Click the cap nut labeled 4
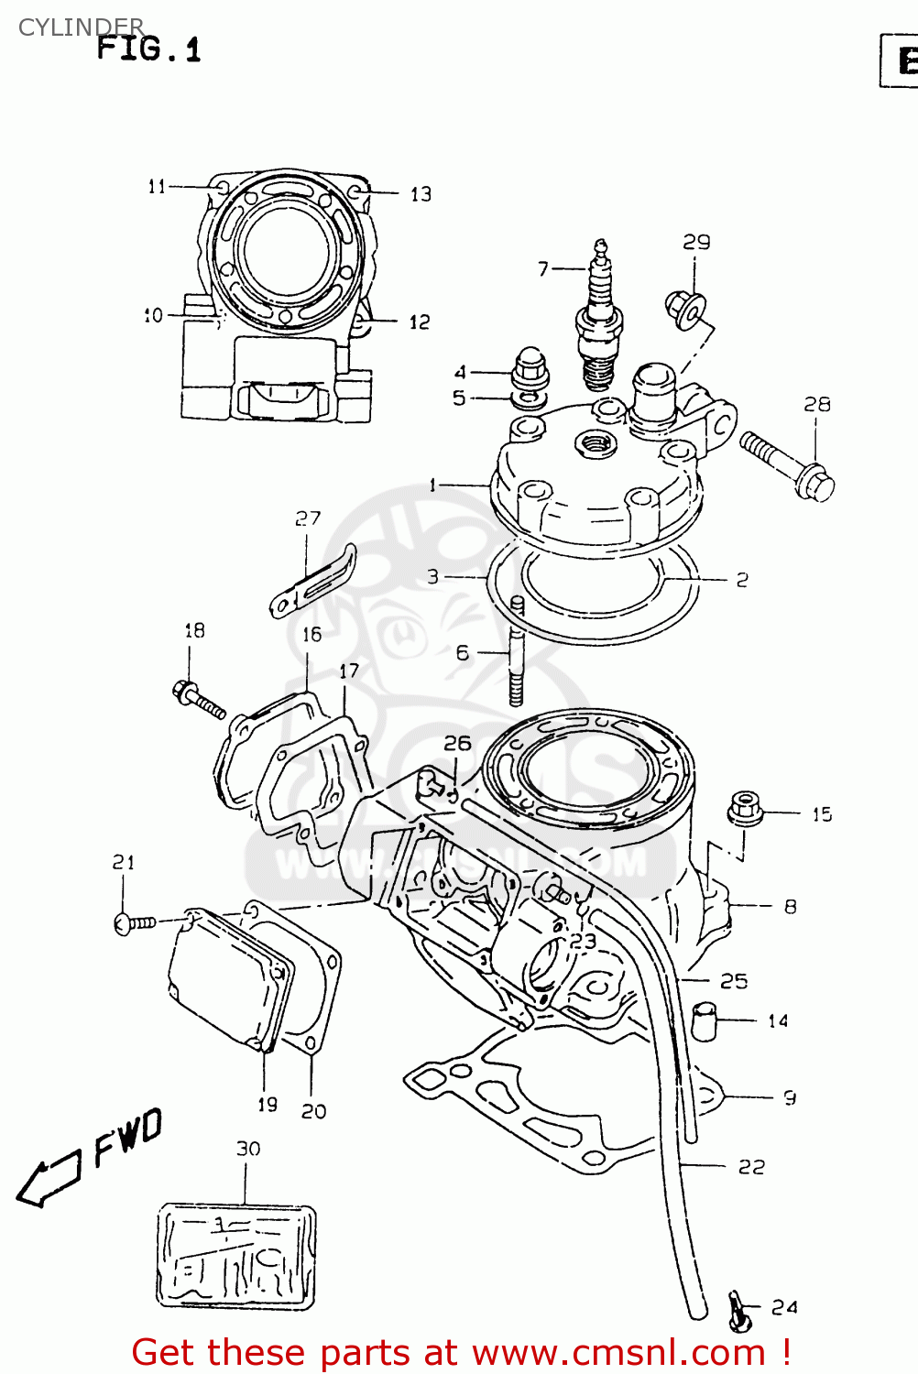(530, 368)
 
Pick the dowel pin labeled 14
(704, 1020)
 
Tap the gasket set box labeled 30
(236, 1256)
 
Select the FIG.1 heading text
(148, 48)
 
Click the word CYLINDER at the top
(81, 27)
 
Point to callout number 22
(751, 1166)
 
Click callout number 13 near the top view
(421, 194)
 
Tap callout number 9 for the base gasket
(789, 1097)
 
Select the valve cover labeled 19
(229, 980)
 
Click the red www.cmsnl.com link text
(617, 1353)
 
